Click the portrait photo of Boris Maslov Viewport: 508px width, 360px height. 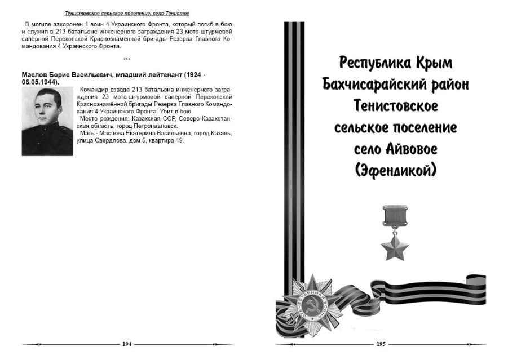[47, 121]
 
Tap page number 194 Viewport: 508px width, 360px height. [127, 344]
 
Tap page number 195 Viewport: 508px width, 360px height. [381, 344]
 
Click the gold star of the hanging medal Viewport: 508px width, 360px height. [395, 247]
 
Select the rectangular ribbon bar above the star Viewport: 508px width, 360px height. [395, 216]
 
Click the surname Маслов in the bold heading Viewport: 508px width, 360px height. [34, 75]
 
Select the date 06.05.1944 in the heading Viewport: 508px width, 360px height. [39, 82]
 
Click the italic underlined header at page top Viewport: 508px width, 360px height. [127, 13]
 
